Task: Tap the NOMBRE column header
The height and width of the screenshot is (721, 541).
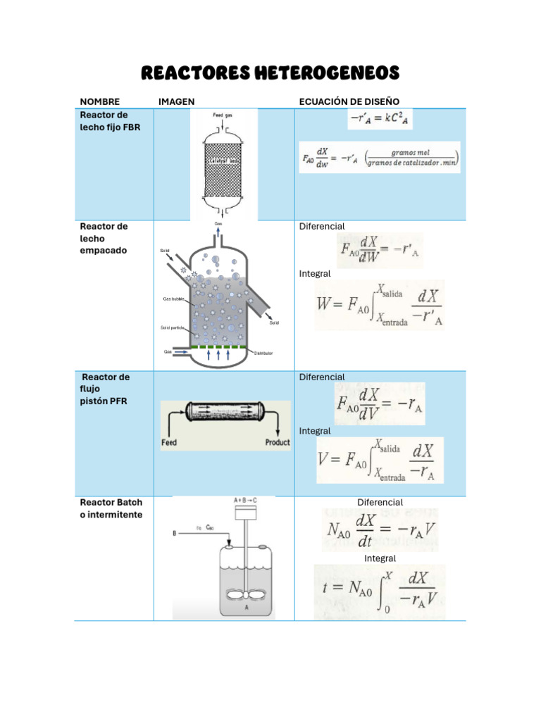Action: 100,102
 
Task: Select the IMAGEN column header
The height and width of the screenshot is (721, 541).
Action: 176,102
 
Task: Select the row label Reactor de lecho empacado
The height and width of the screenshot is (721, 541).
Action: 104,238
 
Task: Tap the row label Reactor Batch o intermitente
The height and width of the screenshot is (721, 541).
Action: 111,508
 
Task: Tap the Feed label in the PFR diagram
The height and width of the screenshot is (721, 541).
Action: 169,443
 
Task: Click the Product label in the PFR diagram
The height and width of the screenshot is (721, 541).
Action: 277,443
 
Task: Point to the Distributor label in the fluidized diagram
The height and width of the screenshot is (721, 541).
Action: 260,353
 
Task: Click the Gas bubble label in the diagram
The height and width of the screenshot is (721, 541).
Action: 173,299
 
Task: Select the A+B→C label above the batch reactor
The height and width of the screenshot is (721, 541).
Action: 244,500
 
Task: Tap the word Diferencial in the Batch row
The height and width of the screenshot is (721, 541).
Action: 380,503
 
